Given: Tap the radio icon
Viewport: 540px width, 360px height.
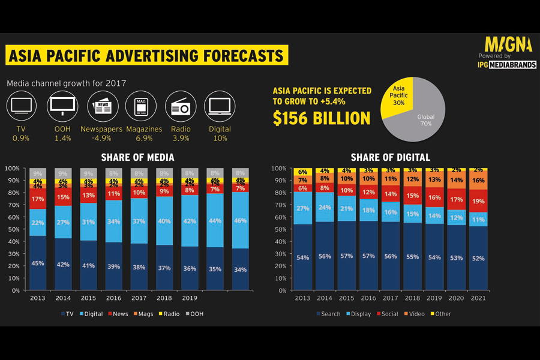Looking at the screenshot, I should (x=181, y=107).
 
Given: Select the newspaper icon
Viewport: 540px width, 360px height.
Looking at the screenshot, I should (x=103, y=107).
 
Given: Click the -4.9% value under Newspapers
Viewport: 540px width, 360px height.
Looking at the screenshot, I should (x=101, y=139).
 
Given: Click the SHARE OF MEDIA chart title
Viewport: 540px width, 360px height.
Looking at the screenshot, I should (x=137, y=157).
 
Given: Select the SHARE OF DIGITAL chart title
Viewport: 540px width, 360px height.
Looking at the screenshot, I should (x=390, y=157).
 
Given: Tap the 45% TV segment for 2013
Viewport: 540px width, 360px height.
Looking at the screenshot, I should (x=38, y=263).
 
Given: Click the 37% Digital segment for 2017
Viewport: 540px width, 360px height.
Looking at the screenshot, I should (x=139, y=221).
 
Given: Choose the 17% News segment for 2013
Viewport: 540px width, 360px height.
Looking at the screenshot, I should (x=38, y=199).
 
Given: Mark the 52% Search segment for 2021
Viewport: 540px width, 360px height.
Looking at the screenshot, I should (x=478, y=258).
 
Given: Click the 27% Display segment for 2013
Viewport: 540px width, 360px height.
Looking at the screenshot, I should (x=303, y=208).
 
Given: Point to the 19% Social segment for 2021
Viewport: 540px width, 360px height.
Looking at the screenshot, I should (x=478, y=201).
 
